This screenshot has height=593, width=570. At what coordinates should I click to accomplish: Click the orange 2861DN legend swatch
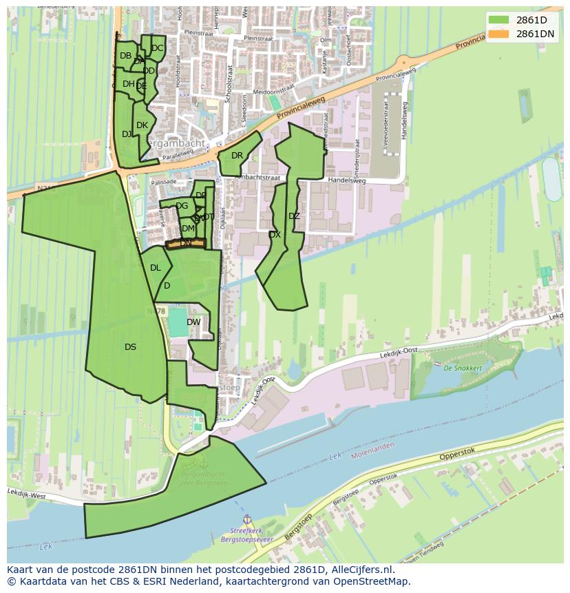pos(500,34)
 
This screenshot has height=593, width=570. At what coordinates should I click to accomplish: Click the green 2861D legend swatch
pos(500,20)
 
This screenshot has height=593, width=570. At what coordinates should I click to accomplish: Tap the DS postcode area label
pos(130,347)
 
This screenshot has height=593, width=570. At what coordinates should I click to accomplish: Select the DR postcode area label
pos(237,156)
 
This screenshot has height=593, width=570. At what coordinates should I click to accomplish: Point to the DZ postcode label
pos(294,216)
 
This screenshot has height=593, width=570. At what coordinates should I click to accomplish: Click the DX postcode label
pos(275,235)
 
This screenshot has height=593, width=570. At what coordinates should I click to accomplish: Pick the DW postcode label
pos(193,322)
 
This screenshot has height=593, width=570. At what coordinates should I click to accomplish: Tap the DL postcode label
pos(156,268)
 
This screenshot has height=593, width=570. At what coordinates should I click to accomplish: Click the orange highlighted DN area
pos(186,243)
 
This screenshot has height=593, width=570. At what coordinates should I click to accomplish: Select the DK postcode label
pos(142,125)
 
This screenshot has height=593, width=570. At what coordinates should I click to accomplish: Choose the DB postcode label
pos(125,56)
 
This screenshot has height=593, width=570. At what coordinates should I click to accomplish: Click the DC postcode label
pos(158,48)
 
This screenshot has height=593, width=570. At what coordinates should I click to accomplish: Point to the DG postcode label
pos(182,206)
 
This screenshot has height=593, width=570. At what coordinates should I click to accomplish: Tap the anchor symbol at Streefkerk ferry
pos(246,519)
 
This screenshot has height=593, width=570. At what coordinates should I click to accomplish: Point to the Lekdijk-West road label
pos(26,493)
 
